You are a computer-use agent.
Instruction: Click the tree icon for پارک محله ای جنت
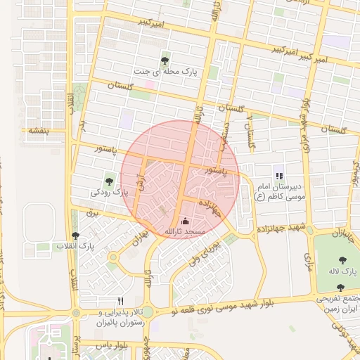[165, 60]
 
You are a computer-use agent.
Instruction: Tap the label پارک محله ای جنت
[165, 72]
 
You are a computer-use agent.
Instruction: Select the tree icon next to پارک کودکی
[109, 181]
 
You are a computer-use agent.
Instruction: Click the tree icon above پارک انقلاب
[76, 236]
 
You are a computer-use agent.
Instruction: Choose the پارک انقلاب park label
[76, 247]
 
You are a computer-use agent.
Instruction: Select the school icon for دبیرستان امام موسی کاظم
[279, 176]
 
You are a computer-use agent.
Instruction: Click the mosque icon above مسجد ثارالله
[185, 221]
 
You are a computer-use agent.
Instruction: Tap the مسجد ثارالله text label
[184, 231]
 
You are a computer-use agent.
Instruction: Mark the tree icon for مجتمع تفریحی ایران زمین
[341, 288]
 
